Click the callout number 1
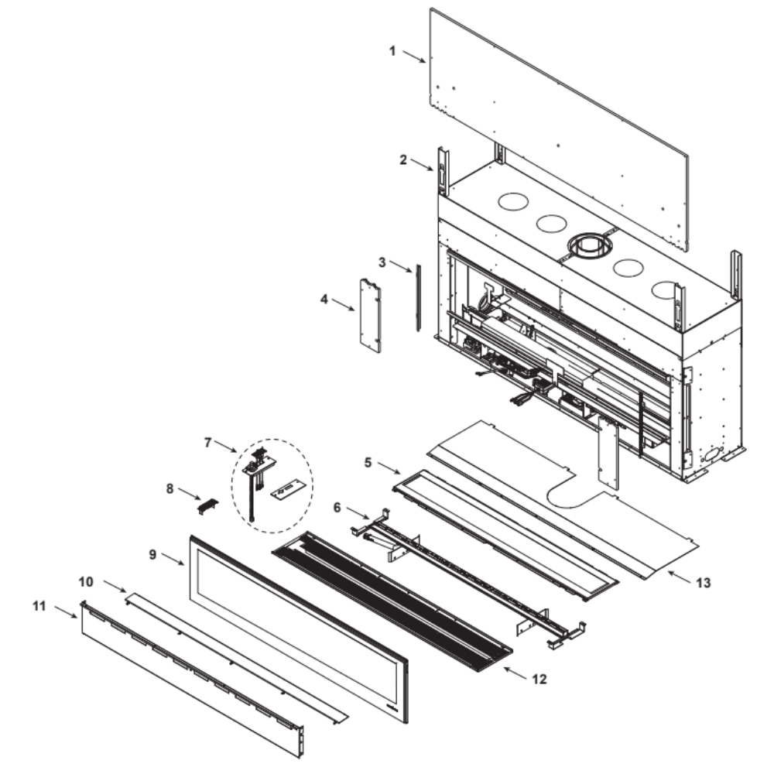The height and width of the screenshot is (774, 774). tap(392, 51)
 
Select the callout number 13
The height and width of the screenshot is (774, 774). tap(704, 583)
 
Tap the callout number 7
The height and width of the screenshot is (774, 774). tap(207, 442)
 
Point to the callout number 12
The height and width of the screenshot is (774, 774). tap(539, 680)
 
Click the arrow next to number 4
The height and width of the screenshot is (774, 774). tap(343, 304)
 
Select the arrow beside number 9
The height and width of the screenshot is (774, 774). tap(173, 560)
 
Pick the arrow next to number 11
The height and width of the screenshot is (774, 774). tap(66, 611)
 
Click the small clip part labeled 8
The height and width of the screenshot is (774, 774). tap(207, 506)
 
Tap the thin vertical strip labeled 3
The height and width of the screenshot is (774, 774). tap(418, 298)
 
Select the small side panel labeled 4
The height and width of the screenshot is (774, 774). tap(370, 316)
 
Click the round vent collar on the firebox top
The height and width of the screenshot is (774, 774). tap(590, 246)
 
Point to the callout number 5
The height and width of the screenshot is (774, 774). tap(368, 463)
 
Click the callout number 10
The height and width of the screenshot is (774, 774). tap(86, 582)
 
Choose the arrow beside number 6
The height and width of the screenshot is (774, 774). tap(358, 512)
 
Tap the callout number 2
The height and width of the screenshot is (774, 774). tap(403, 160)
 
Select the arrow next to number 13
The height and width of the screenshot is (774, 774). tap(680, 577)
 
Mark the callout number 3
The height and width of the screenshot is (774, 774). tap(382, 262)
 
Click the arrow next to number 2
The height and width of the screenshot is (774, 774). tap(422, 165)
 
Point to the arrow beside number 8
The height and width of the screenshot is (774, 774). tap(190, 494)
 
